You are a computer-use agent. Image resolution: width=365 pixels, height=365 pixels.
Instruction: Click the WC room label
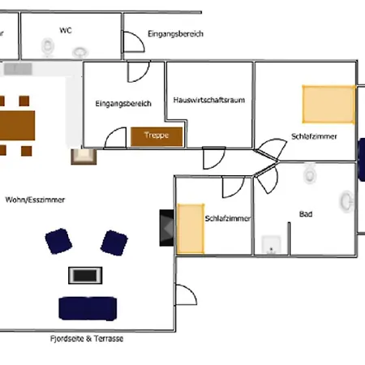(x=66, y=30)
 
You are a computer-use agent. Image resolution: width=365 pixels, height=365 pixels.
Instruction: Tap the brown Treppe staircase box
(x=157, y=136)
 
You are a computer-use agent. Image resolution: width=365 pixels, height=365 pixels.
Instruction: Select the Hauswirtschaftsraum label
(x=209, y=100)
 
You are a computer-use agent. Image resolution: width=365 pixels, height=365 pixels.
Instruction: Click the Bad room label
(x=306, y=214)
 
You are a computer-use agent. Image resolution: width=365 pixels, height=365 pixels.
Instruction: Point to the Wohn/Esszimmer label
(x=35, y=200)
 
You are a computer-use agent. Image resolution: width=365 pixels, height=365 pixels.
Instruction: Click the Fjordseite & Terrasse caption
(x=87, y=338)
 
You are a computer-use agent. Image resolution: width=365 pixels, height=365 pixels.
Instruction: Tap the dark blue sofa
(x=88, y=308)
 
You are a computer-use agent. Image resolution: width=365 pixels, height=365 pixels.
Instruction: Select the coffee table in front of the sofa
(x=85, y=275)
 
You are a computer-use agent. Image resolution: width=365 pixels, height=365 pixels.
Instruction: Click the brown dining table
(x=17, y=126)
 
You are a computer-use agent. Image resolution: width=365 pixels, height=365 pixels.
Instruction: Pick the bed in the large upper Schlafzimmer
(x=328, y=105)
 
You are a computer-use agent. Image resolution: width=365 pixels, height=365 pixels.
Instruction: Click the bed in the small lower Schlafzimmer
(x=191, y=229)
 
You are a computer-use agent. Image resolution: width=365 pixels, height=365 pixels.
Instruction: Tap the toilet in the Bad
(x=310, y=174)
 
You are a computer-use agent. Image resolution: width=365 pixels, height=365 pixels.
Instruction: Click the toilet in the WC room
(x=48, y=47)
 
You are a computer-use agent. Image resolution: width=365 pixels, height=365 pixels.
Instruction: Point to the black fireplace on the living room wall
(x=167, y=228)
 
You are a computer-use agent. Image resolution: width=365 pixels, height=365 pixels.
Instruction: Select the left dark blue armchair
(x=58, y=241)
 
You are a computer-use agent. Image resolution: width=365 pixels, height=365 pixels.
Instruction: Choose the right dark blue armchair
(x=114, y=243)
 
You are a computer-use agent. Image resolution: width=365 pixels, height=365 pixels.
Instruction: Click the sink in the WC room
(x=79, y=52)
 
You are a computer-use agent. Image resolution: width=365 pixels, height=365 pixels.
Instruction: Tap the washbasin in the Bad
(x=346, y=201)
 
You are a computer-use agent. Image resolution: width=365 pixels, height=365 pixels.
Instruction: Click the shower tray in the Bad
(x=271, y=245)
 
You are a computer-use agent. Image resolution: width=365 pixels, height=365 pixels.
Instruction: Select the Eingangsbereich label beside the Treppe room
(x=123, y=104)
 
